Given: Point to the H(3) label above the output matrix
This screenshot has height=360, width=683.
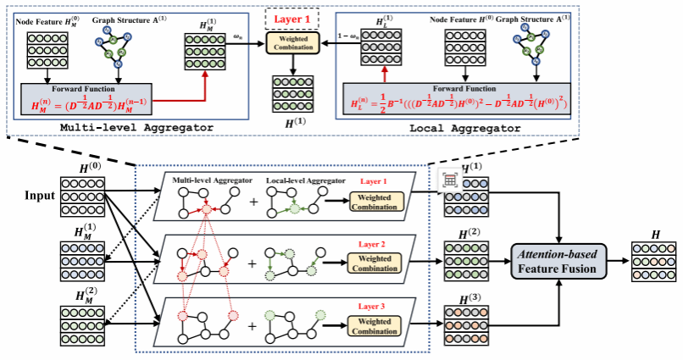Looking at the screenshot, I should coord(464,297).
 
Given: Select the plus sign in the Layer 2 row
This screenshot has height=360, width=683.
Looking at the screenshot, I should coord(251,263).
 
